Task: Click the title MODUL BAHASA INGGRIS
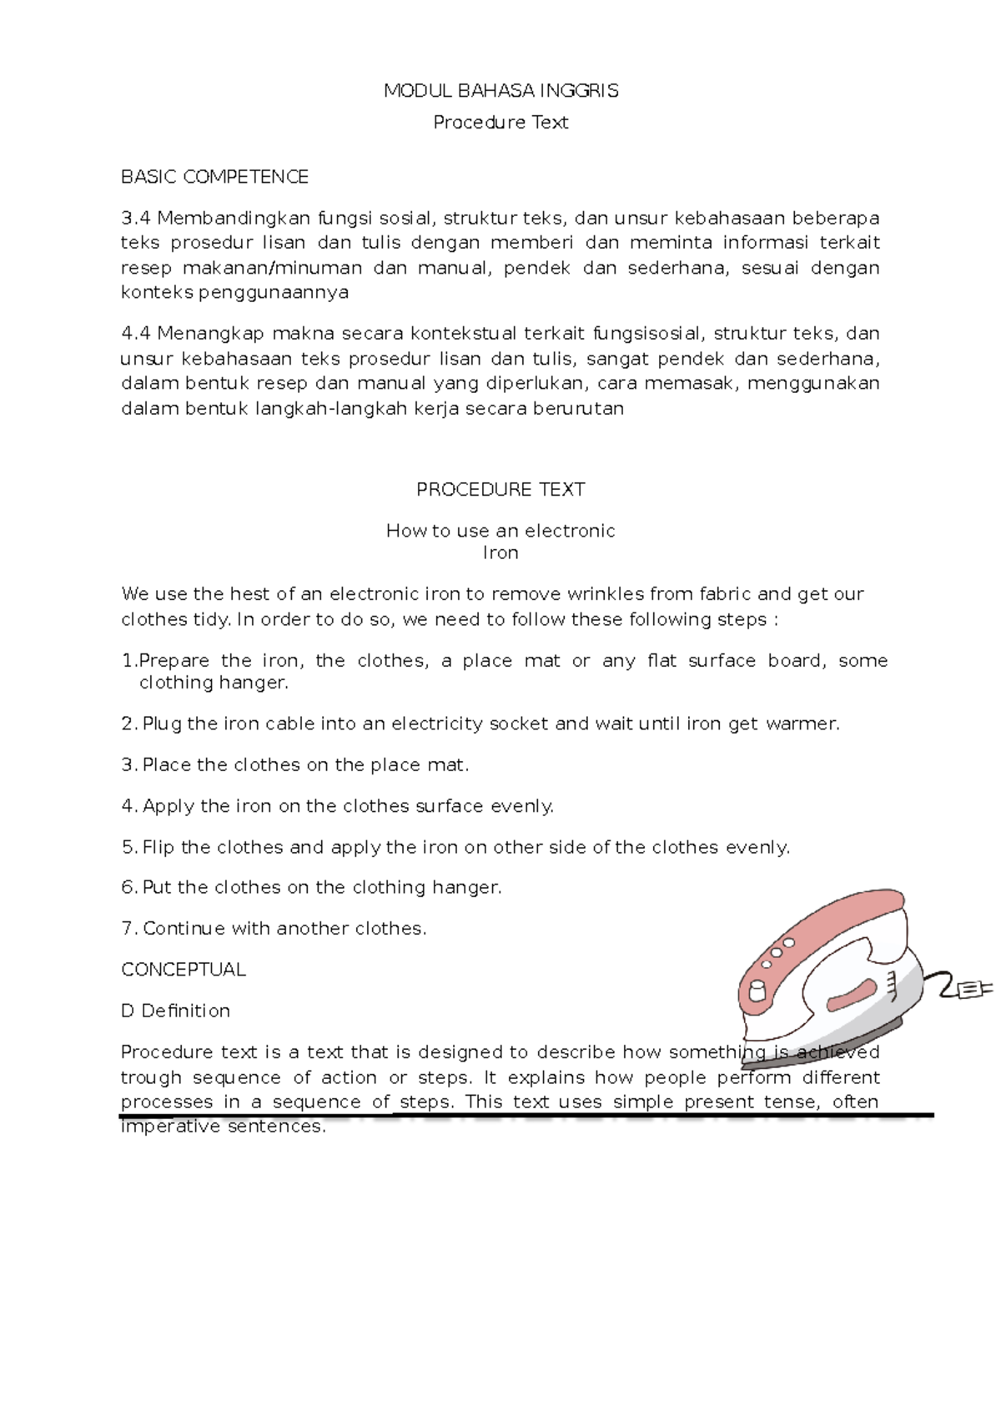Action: (500, 91)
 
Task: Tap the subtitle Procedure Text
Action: (500, 123)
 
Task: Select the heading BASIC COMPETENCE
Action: (214, 177)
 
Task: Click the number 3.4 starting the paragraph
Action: (135, 219)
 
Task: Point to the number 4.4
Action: (135, 334)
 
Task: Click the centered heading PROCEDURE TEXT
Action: (500, 490)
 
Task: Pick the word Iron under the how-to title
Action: (500, 553)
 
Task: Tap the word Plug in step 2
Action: (162, 724)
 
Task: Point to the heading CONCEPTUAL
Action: (184, 970)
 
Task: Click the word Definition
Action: (185, 1011)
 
